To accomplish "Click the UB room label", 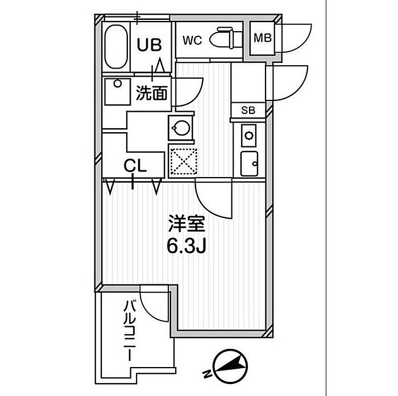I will coord(151,44).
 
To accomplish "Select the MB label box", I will coord(262,39).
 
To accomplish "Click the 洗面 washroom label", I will coord(152,92).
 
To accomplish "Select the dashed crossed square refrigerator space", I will coord(183,161).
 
